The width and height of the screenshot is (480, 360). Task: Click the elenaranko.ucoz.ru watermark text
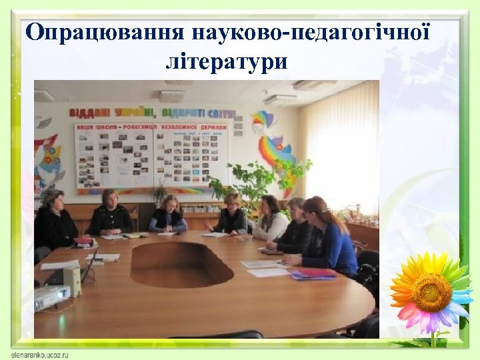[x=41, y=354]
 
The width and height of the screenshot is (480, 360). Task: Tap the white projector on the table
[x=52, y=296]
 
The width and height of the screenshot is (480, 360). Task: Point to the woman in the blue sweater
[x=330, y=240]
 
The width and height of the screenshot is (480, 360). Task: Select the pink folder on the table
[x=311, y=273]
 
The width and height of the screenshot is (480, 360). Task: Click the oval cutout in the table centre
[x=182, y=264]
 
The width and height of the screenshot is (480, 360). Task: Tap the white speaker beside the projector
[x=73, y=281]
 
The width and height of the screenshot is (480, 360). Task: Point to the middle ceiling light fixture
[x=171, y=96]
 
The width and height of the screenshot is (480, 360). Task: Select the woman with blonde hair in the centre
[x=168, y=215]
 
